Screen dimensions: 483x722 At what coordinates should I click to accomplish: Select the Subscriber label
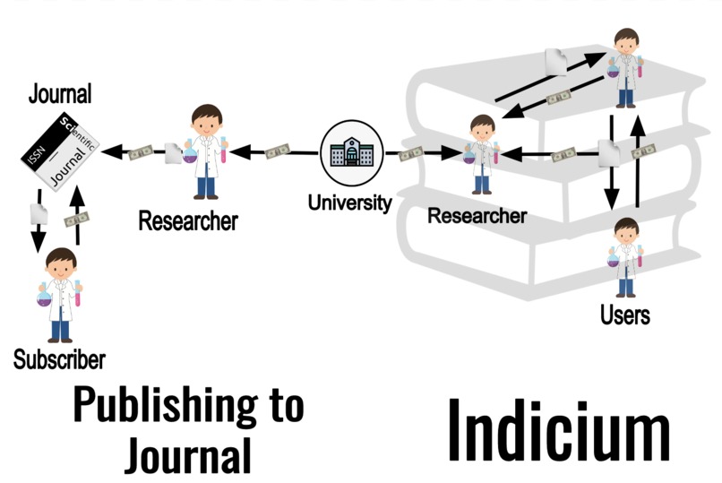(59, 360)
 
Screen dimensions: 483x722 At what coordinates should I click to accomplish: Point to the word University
(349, 202)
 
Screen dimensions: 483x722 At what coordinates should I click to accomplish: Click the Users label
(625, 315)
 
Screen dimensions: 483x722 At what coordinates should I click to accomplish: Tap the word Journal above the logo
(60, 92)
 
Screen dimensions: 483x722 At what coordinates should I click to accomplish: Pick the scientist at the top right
(625, 67)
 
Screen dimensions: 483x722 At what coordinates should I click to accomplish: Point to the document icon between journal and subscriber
(39, 213)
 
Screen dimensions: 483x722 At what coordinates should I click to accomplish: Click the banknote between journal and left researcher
(141, 153)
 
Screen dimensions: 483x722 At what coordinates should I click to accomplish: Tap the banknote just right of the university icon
(411, 154)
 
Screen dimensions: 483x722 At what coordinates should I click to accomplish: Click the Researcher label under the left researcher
(187, 220)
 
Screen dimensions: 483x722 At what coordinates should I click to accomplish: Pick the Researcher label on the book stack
(477, 216)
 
